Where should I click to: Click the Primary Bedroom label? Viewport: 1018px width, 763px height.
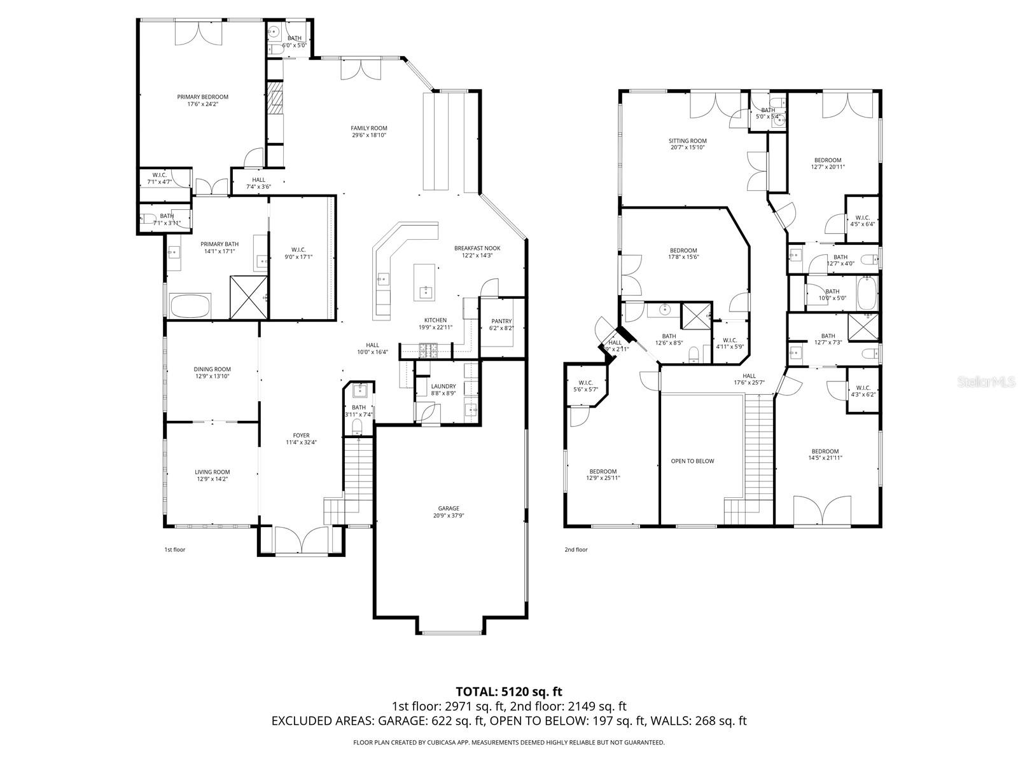202,97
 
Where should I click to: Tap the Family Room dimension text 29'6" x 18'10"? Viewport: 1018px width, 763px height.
369,135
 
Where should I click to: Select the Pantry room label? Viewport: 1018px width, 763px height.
501,321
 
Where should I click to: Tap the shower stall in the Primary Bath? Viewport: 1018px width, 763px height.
248,296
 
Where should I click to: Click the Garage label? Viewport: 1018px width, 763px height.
449,508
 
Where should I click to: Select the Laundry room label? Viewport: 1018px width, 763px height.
443,386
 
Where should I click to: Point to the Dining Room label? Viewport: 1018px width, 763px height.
212,369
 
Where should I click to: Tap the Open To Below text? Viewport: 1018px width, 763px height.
692,461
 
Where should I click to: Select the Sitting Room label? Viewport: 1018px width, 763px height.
687,141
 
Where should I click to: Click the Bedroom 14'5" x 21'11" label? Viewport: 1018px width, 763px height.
825,451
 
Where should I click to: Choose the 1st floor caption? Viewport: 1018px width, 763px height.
174,549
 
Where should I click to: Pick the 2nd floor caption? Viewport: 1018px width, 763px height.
576,549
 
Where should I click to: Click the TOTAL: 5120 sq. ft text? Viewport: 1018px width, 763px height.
508,691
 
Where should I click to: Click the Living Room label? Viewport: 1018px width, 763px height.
212,472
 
